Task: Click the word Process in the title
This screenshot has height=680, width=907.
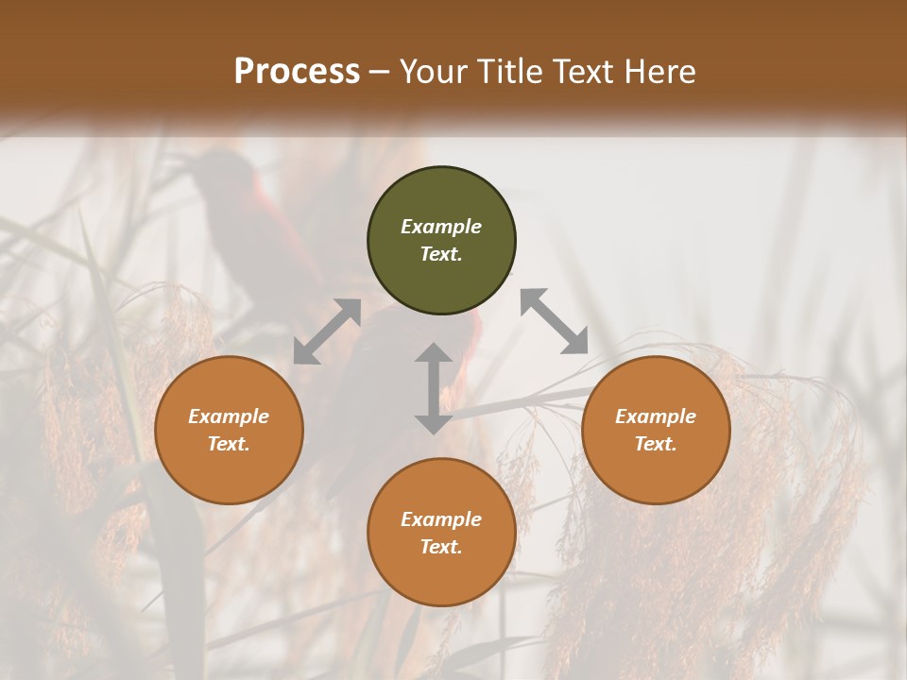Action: click(297, 72)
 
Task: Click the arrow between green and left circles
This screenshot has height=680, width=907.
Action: click(327, 331)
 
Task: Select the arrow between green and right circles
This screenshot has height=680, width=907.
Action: click(555, 321)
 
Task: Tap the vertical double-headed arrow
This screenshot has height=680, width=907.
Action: click(434, 388)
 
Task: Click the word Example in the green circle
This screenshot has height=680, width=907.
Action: click(441, 227)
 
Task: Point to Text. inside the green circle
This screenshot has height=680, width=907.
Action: click(441, 254)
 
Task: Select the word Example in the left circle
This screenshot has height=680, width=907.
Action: click(229, 416)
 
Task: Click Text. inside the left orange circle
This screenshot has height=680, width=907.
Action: click(229, 444)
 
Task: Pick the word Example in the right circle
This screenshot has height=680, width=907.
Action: click(656, 416)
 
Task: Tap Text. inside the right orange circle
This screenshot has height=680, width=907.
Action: click(656, 444)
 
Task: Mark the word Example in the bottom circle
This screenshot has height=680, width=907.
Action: click(441, 519)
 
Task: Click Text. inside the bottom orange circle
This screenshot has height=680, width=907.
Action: click(441, 547)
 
